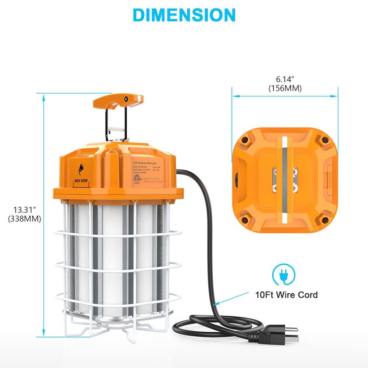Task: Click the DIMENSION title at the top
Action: tap(184, 15)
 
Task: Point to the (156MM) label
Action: tap(285, 88)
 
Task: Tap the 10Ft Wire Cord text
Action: tap(287, 295)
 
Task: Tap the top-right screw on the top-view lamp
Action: tap(325, 140)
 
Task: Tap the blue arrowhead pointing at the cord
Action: tap(215, 304)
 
